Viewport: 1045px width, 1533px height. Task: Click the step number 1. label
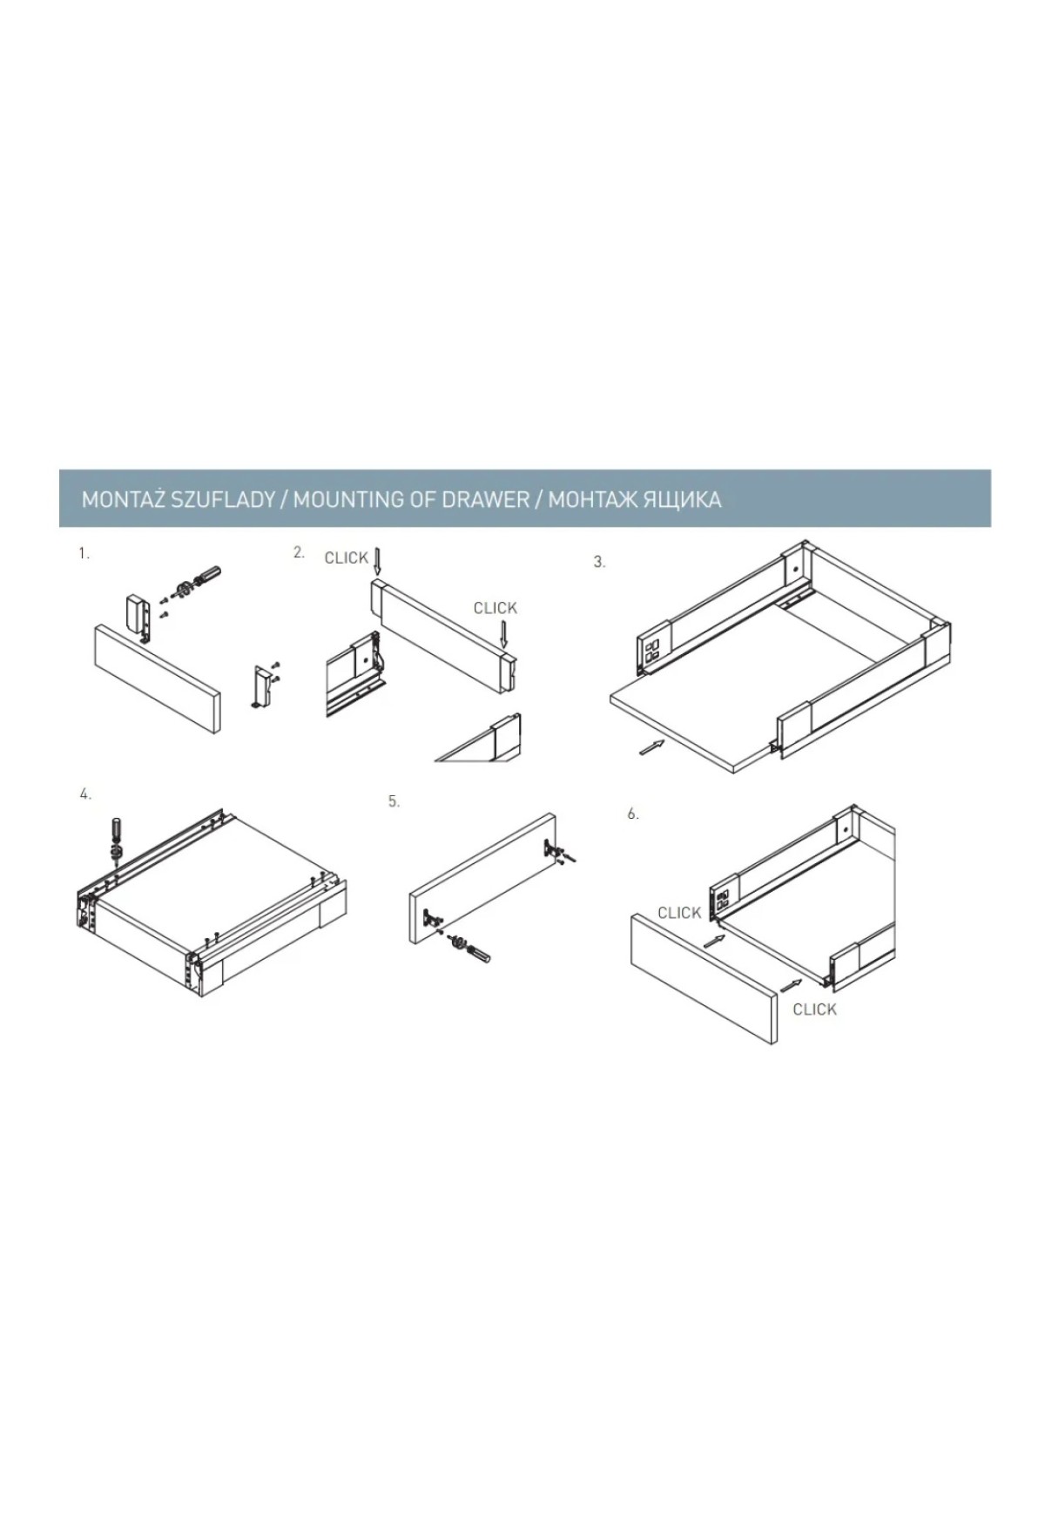click(x=84, y=553)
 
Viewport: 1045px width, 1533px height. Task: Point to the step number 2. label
click(x=300, y=552)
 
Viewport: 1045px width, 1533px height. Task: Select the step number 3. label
click(x=599, y=563)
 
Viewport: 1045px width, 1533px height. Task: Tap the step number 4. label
click(x=84, y=794)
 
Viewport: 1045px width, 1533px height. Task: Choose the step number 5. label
click(x=394, y=801)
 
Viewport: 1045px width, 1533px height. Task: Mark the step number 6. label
click(x=633, y=814)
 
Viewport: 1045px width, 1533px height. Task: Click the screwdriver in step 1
click(x=198, y=582)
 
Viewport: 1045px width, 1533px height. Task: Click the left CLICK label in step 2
click(x=346, y=558)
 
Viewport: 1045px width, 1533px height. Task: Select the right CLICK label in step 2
click(x=496, y=608)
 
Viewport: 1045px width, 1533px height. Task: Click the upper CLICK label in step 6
click(x=680, y=913)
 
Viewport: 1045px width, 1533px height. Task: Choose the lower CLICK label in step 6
click(x=815, y=1010)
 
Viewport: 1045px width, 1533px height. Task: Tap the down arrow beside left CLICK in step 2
click(x=376, y=561)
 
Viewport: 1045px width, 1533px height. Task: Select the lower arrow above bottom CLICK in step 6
click(x=792, y=984)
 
